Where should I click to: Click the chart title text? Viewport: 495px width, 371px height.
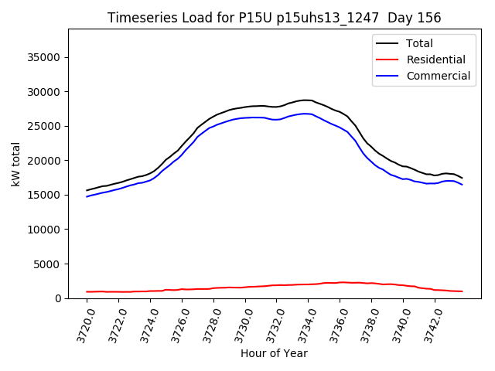tap(275, 18)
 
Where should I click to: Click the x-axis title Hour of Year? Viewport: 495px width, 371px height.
tap(274, 353)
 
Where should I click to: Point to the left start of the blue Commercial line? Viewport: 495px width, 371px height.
tap(87, 196)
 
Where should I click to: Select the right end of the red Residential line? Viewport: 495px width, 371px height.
tap(462, 291)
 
